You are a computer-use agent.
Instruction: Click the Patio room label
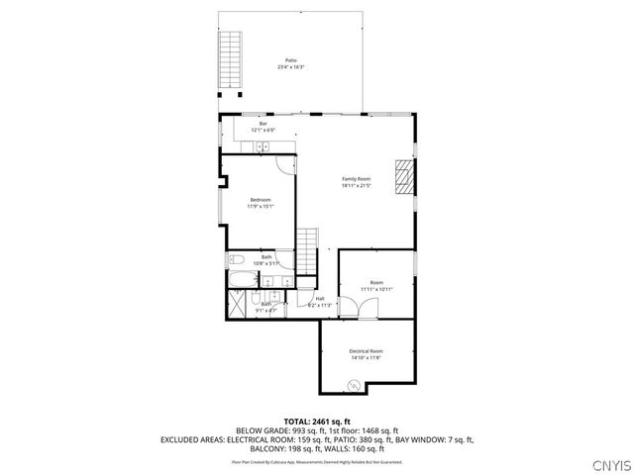pos(291,60)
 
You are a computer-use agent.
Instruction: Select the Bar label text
pos(264,124)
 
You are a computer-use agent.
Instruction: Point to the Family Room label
pos(357,178)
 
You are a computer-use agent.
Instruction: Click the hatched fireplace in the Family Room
pos(402,177)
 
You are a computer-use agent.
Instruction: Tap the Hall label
pos(320,299)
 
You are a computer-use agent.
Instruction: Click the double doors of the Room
pos(357,310)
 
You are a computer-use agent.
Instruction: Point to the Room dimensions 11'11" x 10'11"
pos(376,289)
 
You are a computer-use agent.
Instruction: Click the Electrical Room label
pos(366,351)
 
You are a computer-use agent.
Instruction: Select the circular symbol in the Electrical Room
pos(353,386)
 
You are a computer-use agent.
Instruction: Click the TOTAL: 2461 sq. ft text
pos(317,422)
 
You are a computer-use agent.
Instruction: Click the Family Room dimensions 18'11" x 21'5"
pos(357,185)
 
